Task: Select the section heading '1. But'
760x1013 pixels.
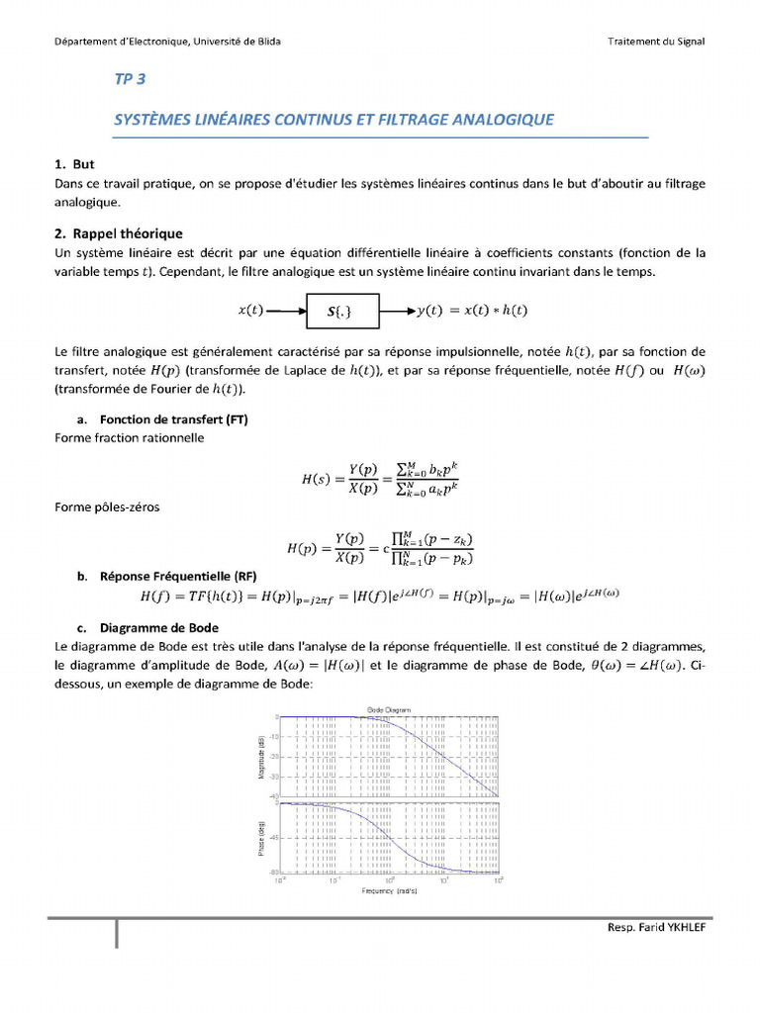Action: click(x=75, y=163)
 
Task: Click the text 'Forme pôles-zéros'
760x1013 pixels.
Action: click(x=106, y=507)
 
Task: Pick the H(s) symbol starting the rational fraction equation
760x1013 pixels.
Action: click(x=317, y=480)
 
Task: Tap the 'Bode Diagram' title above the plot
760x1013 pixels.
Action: click(x=389, y=710)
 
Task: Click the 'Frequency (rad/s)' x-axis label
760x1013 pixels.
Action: click(x=388, y=891)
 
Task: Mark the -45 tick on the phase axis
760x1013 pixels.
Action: click(x=273, y=837)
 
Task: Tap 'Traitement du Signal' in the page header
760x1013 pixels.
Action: click(x=657, y=41)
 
